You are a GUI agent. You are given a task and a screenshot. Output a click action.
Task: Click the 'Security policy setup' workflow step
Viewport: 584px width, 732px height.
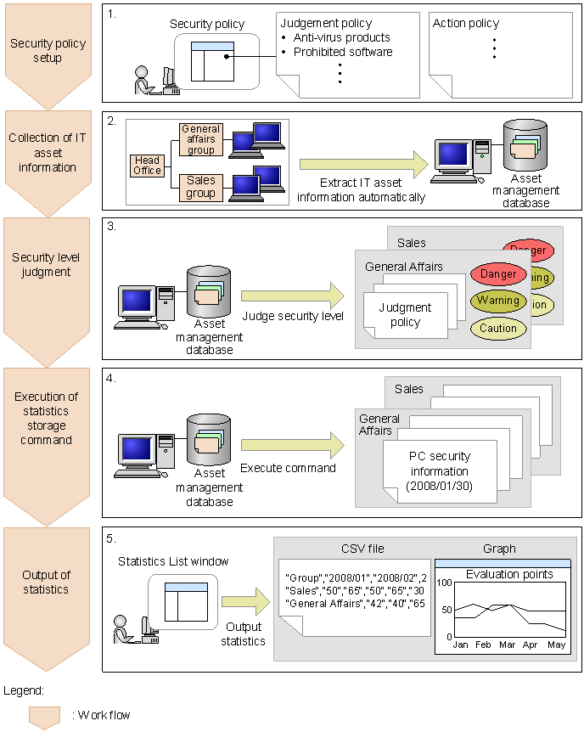point(48,51)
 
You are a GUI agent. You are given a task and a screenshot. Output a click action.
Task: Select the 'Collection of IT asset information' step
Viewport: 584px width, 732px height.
point(48,153)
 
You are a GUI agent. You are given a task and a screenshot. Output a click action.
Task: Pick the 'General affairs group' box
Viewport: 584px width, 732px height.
point(200,140)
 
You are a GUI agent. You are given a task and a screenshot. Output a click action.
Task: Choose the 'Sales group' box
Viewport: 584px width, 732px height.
point(200,187)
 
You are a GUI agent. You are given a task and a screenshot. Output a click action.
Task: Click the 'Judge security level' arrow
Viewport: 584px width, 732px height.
point(292,296)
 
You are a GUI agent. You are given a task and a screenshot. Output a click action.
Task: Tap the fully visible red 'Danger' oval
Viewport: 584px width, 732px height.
point(498,274)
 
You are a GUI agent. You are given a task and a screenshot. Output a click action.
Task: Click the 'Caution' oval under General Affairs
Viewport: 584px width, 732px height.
point(498,328)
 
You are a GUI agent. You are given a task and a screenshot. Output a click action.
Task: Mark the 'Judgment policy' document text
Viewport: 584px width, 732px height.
point(405,315)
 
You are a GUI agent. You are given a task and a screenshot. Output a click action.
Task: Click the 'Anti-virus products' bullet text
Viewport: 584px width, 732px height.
point(341,37)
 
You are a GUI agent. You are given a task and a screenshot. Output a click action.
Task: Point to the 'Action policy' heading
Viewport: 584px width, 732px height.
point(466,23)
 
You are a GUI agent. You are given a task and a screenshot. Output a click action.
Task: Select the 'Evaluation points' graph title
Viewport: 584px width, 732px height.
point(509,575)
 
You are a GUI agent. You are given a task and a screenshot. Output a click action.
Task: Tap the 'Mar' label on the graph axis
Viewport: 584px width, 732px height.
point(508,645)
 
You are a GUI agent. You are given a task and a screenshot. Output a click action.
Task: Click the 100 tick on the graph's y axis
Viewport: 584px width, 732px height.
point(445,583)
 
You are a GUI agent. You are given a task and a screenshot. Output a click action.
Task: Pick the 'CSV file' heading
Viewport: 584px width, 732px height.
point(363,549)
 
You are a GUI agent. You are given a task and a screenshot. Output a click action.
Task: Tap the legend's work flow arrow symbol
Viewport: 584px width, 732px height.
point(44,717)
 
